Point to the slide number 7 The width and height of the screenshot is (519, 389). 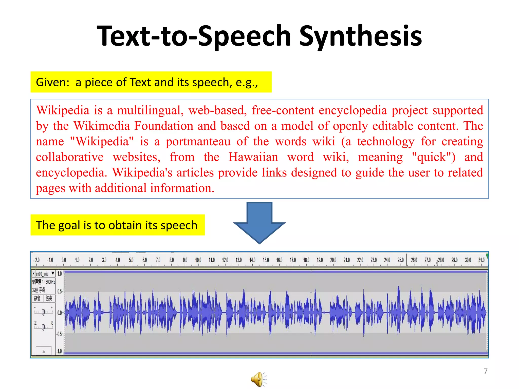click(x=485, y=371)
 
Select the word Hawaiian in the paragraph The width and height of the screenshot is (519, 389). click(x=253, y=157)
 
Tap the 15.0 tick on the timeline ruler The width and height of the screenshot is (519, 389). click(x=266, y=260)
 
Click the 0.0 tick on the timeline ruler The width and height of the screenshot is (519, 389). click(x=64, y=260)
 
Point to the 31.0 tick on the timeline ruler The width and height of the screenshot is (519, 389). click(x=481, y=260)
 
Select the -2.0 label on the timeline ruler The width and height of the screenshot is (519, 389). click(x=37, y=260)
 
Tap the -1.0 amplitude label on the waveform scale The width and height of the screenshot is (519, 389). click(x=59, y=351)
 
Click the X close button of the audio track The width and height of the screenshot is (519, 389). click(x=33, y=274)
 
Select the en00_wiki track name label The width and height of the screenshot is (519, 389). click(x=42, y=274)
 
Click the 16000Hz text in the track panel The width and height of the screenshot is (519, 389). click(x=49, y=282)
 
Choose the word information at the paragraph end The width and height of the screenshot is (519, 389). click(x=182, y=188)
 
